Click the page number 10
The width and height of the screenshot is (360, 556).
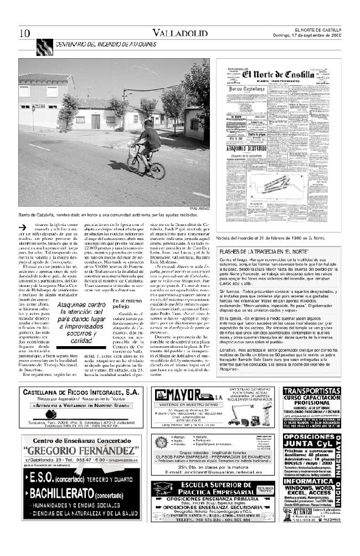click(24, 33)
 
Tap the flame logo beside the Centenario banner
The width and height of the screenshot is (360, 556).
click(44, 47)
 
